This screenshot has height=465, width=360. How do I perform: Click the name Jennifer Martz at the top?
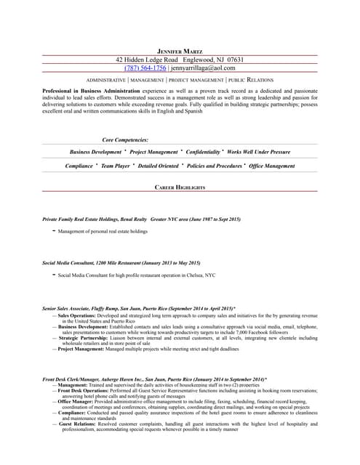pyautogui.click(x=180, y=51)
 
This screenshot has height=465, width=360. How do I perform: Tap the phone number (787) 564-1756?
pyautogui.click(x=145, y=68)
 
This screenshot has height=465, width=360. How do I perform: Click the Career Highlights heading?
pyautogui.click(x=180, y=187)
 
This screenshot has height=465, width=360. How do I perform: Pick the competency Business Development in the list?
pyautogui.click(x=95, y=153)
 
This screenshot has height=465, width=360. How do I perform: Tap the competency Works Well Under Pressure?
pyautogui.click(x=258, y=153)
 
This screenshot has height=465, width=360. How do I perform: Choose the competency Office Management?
pyautogui.click(x=272, y=166)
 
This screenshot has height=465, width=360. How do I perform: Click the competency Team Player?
pyautogui.click(x=115, y=166)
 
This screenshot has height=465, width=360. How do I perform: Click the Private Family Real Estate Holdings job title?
pyautogui.click(x=95, y=219)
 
